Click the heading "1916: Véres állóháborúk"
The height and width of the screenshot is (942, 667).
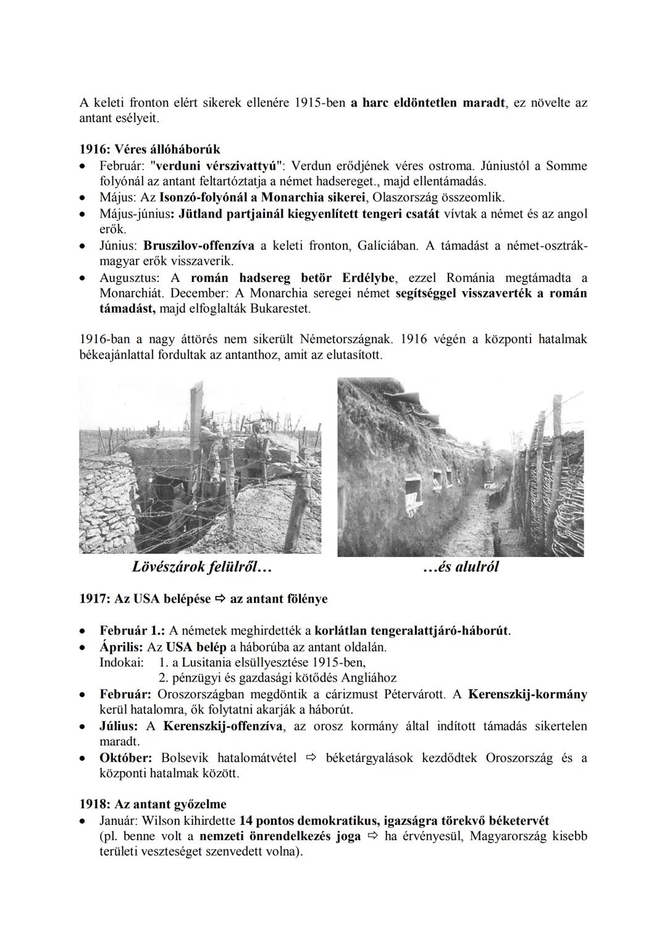click(x=149, y=149)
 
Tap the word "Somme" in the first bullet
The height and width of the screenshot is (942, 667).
click(x=566, y=166)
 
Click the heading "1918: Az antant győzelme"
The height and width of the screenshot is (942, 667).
click(x=153, y=804)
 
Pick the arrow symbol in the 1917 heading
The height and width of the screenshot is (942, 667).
click(x=220, y=599)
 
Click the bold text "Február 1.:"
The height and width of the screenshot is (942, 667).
click(x=132, y=631)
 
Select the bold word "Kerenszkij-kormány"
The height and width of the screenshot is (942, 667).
click(x=527, y=695)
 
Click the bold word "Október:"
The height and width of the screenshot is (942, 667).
click(x=126, y=758)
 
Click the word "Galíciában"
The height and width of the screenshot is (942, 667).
click(x=387, y=246)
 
